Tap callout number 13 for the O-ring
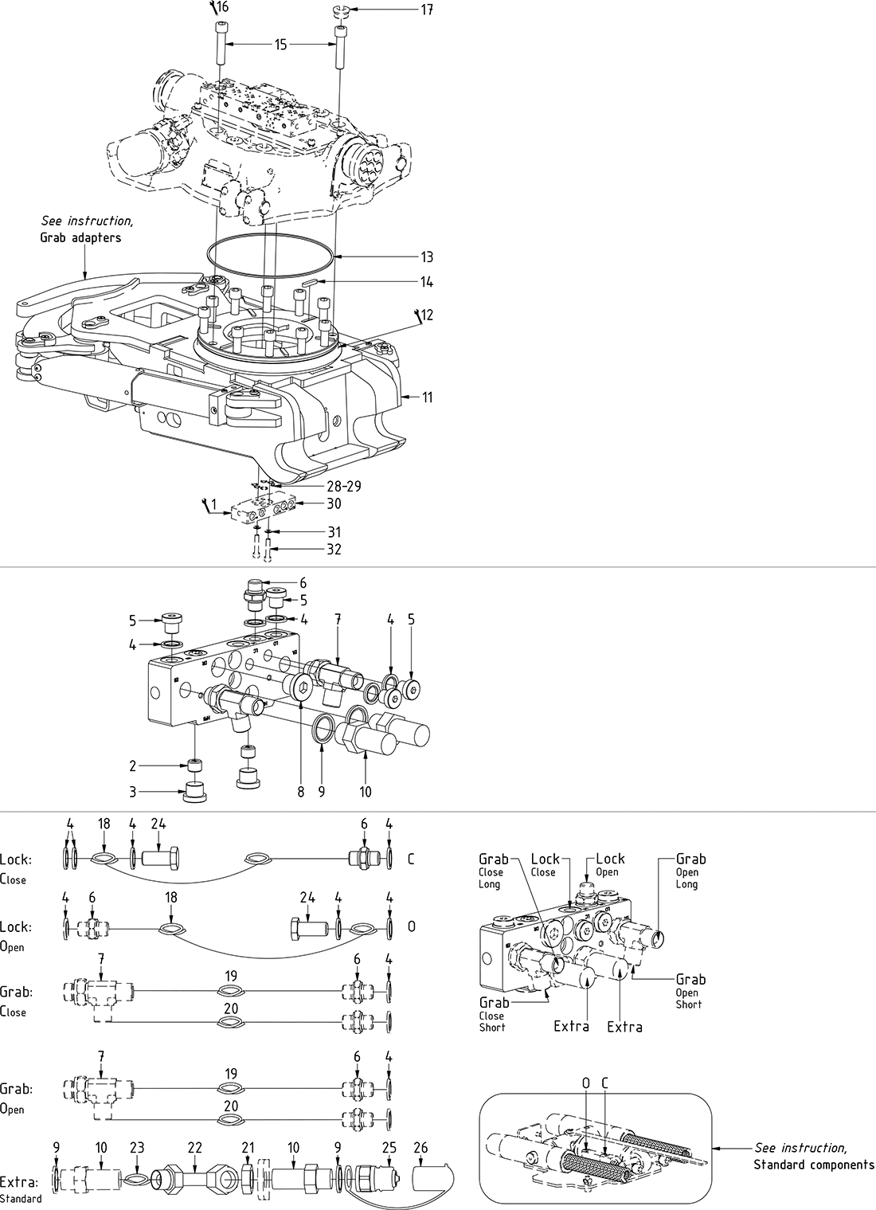(x=428, y=256)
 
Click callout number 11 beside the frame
(x=428, y=396)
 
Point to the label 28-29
(x=344, y=486)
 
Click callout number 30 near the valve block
(x=334, y=503)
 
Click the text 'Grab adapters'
(x=80, y=237)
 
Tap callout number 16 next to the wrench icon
(x=222, y=7)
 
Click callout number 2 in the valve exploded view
(x=134, y=766)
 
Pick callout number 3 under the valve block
(x=134, y=792)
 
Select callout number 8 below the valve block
(x=301, y=793)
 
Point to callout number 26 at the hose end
(x=421, y=1147)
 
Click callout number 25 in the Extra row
(x=389, y=1147)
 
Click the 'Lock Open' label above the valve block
(x=610, y=864)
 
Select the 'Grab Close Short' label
(x=493, y=1014)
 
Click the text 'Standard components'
(x=814, y=1165)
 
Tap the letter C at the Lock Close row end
(x=411, y=860)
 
